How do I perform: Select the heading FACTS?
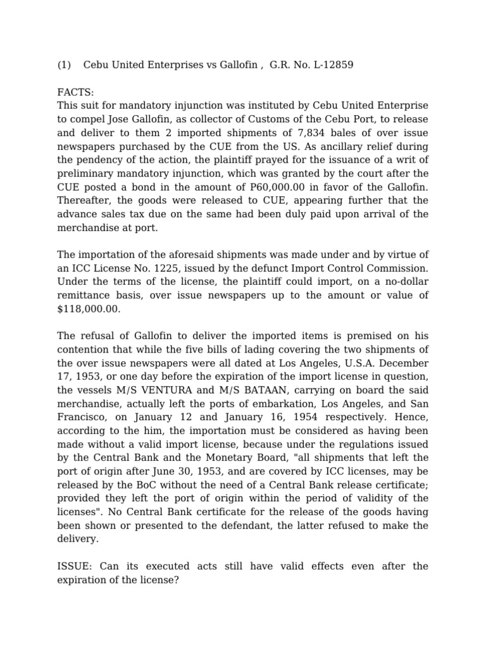pos(75,92)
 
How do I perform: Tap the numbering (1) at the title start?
pos(64,65)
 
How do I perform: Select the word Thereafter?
pos(84,201)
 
